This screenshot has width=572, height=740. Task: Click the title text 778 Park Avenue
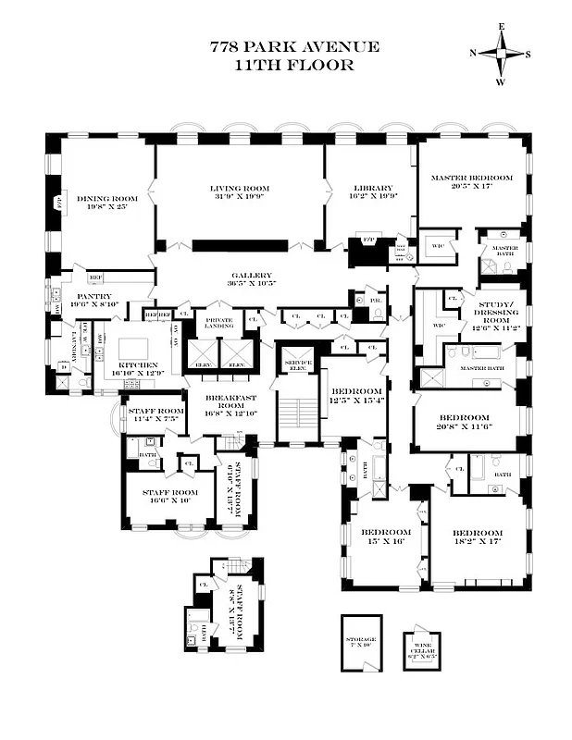click(x=293, y=47)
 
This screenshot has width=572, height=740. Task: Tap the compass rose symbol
click(x=501, y=53)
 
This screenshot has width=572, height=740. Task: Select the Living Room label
click(x=239, y=192)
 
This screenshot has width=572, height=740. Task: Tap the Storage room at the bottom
click(x=361, y=641)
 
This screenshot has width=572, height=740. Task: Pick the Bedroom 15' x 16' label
click(x=385, y=537)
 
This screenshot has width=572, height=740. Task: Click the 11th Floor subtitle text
click(x=293, y=66)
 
